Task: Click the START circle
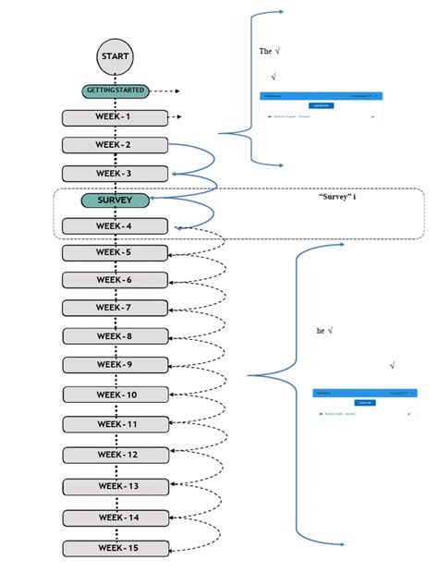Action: (116, 57)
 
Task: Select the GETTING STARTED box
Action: (116, 91)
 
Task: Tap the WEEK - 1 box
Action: (116, 117)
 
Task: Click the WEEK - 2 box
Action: (116, 145)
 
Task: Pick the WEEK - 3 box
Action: (116, 174)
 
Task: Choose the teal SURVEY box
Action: (116, 200)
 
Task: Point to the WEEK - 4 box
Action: (116, 226)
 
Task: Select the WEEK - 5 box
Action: (116, 252)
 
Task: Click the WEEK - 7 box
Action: (116, 308)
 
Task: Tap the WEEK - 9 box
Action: (116, 365)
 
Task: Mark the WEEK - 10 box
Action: (116, 395)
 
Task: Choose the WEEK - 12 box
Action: (116, 455)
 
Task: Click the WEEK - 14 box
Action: (116, 517)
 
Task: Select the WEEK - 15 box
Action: (116, 548)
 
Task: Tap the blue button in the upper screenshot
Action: (321, 105)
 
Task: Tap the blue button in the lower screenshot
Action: (365, 403)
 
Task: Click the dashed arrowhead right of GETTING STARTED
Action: (176, 91)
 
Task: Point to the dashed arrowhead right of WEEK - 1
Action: (176, 117)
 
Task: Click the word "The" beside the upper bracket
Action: (265, 52)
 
